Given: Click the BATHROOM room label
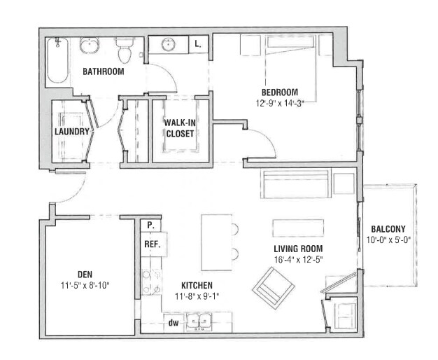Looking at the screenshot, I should [x=103, y=71].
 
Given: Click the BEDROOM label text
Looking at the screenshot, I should [x=280, y=92].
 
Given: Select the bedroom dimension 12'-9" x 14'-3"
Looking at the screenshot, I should [x=280, y=102].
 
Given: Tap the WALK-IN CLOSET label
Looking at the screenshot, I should [x=181, y=127].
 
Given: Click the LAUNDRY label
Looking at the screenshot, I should [x=72, y=132].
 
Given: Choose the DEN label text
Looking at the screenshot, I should [x=85, y=274].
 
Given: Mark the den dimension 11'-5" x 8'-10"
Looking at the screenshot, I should [x=85, y=285].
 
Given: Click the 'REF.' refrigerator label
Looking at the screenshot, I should [x=152, y=244].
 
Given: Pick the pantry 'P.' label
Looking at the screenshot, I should [x=150, y=226].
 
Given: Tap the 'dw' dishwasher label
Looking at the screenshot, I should [x=172, y=323].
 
